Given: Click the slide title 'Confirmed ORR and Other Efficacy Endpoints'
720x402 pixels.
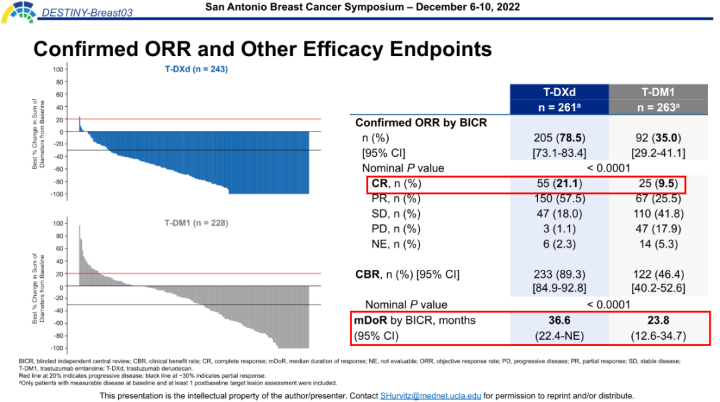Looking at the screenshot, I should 262,49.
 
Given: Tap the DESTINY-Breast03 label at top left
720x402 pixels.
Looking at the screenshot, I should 77,13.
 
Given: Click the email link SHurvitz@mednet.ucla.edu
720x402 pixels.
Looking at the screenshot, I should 431,395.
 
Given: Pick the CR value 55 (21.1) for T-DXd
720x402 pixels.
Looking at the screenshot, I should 559,184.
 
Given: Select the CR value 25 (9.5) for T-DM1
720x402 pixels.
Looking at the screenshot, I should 658,184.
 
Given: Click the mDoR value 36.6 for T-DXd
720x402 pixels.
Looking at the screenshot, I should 559,321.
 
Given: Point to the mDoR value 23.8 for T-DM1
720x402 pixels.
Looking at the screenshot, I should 658,321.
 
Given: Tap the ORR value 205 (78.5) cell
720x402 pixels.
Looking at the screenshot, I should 559,138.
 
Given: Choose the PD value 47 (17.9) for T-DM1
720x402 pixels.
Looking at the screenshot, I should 658,229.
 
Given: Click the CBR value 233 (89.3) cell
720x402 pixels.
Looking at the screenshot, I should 559,274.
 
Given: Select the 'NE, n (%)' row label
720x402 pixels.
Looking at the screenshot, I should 396,244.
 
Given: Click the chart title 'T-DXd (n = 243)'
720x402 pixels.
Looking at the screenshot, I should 197,69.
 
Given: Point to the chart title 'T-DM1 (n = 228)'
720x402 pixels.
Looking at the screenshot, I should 196,223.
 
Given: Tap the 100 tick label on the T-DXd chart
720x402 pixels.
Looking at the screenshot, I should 58,69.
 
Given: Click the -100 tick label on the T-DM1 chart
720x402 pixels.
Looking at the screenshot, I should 57,349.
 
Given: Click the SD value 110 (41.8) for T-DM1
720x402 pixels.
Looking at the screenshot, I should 658,214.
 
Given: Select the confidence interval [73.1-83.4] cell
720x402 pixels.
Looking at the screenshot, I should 559,154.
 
